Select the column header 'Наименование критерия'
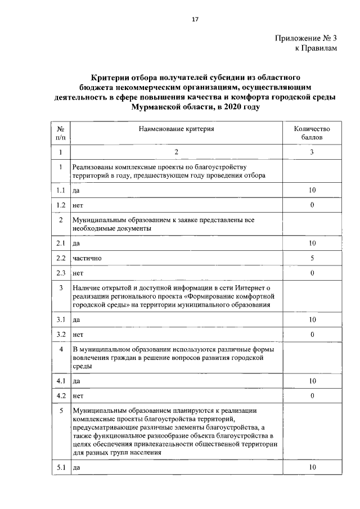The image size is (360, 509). click(177, 129)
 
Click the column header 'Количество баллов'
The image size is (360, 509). click(312, 133)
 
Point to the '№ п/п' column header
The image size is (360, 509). click(60, 133)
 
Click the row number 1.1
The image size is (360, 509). click(61, 190)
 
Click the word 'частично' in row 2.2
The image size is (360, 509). click(87, 259)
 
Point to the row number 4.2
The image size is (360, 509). click(61, 396)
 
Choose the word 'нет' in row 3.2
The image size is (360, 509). click(78, 335)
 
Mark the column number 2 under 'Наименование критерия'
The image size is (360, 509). click(177, 152)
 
